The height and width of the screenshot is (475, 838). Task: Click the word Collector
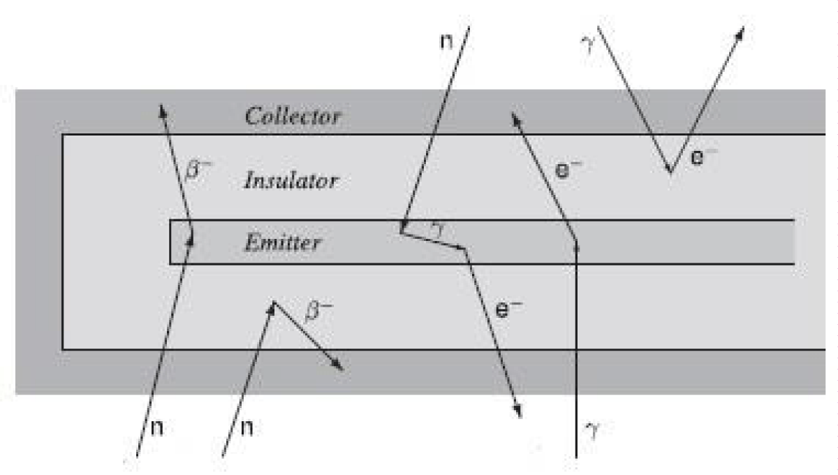coord(293,116)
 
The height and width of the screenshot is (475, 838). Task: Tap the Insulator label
coord(291,182)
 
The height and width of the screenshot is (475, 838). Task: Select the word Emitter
coord(283,243)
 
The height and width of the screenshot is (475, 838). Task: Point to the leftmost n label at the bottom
coord(158,427)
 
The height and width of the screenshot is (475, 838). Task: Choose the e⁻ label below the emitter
coord(508,309)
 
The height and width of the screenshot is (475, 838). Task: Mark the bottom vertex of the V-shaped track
coord(670,172)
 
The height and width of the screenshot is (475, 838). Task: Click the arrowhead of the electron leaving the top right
coord(742,29)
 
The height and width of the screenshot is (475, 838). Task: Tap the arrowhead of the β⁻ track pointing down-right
coord(341,369)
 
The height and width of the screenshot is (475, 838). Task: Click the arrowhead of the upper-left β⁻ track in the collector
coord(162,107)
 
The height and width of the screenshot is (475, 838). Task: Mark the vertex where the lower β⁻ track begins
coord(273,302)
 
